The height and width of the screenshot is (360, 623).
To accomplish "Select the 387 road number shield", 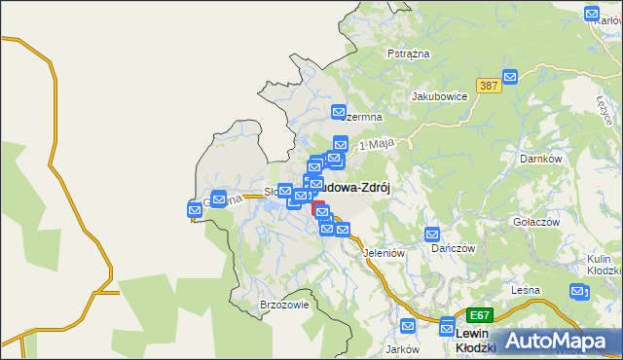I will click(489, 87).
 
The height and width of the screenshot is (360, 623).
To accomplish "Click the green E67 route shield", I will click(479, 315).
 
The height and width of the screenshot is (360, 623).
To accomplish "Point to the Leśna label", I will click(525, 290).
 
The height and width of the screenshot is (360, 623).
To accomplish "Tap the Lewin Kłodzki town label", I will click(476, 340).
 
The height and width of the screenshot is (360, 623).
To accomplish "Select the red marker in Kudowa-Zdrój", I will click(318, 208).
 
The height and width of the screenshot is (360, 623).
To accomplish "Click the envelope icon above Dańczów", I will click(432, 234).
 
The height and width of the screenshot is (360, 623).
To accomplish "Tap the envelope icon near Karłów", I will click(592, 14).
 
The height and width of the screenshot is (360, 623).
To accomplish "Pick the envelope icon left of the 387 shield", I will click(508, 78).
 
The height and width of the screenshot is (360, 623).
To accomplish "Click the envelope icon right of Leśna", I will click(579, 290).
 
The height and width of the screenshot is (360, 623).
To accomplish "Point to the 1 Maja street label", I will click(376, 145).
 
